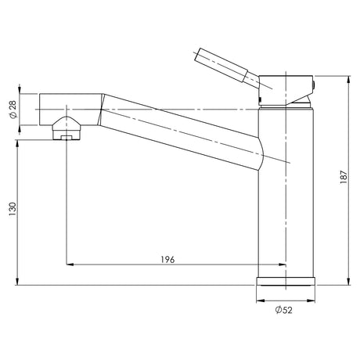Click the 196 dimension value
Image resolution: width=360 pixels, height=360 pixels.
pyautogui.click(x=167, y=260)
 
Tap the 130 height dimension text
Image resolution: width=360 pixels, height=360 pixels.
pyautogui.click(x=13, y=209)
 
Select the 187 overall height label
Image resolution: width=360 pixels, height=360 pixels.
pyautogui.click(x=344, y=177)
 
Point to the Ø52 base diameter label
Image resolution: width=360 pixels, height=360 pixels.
pyautogui.click(x=284, y=310)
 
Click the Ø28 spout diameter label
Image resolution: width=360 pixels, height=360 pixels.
pyautogui.click(x=13, y=110)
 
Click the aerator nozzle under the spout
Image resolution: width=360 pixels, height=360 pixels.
pyautogui.click(x=67, y=128)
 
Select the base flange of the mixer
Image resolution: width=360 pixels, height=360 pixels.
pyautogui.click(x=286, y=281)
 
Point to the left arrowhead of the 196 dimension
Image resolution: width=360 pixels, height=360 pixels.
pyautogui.click(x=70, y=265)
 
